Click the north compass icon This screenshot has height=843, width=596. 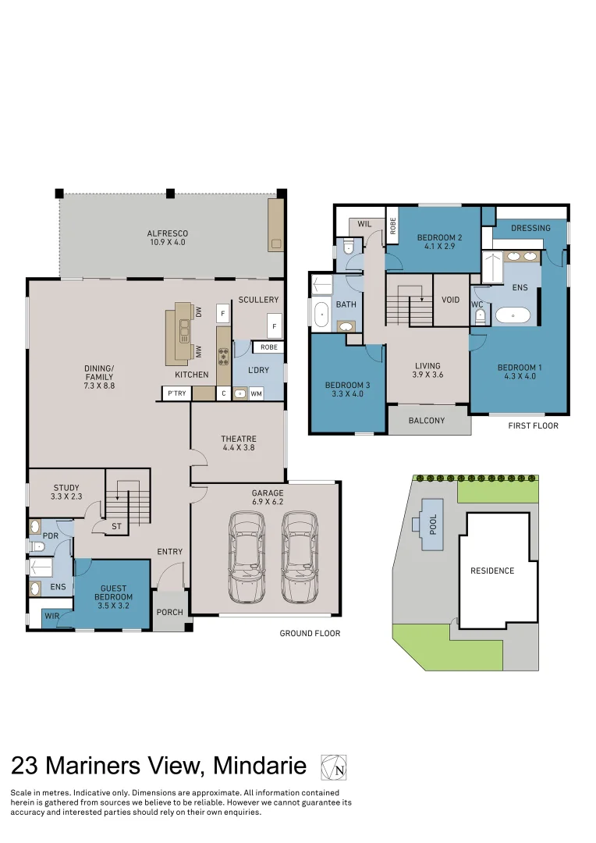[333, 767]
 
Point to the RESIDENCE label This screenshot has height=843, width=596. [492, 571]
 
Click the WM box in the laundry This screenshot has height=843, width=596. [256, 393]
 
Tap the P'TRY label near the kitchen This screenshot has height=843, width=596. [176, 393]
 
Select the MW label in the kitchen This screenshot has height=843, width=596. [200, 353]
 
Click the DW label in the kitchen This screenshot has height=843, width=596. [200, 313]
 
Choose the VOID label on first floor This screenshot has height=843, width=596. [450, 300]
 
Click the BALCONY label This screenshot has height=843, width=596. [427, 421]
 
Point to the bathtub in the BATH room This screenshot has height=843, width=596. [321, 316]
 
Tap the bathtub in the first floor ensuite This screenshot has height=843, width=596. [513, 316]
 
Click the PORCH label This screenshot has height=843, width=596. [169, 612]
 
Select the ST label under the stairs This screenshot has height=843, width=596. [116, 527]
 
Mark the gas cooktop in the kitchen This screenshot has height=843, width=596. [223, 356]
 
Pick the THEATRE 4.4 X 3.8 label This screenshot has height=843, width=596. [238, 443]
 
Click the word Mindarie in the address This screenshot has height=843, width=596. [260, 767]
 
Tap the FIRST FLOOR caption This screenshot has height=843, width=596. [533, 426]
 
